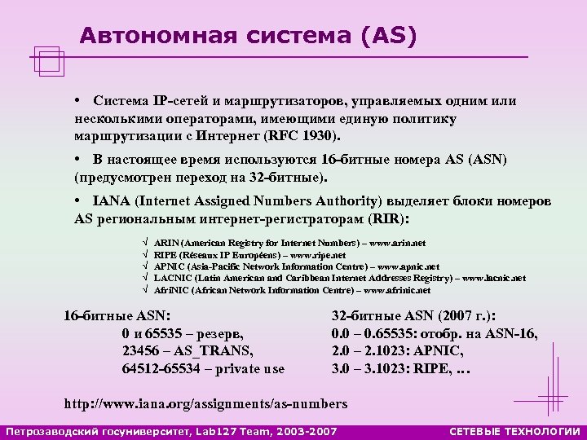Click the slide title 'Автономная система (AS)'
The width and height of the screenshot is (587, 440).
point(248,36)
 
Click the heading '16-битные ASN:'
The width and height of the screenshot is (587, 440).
point(117,315)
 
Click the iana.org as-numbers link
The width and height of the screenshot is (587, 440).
point(205,403)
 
